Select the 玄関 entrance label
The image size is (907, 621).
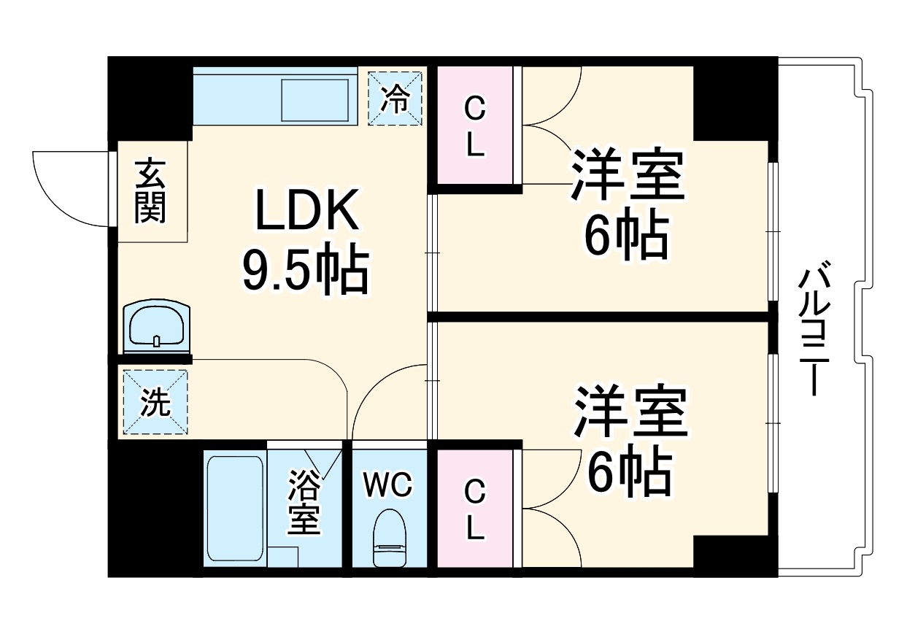pos(151,191)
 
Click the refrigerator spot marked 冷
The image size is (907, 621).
pos(395,98)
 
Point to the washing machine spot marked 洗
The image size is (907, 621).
pos(155,403)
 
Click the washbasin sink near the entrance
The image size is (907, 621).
pos(157,326)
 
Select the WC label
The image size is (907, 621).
pos(389,484)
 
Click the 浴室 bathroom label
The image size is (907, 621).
pos(304,503)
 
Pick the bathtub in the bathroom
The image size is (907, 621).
pos(235,508)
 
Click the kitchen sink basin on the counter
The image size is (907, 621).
pos(315,100)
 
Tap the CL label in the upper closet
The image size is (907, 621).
pos(475,128)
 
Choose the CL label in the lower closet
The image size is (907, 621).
pos(475,508)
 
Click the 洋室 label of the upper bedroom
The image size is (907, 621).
pos(628,175)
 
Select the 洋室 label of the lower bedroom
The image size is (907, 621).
pos(630,411)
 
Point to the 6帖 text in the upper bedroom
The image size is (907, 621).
pos(625,235)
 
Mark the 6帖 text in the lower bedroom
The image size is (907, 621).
pos(629,472)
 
